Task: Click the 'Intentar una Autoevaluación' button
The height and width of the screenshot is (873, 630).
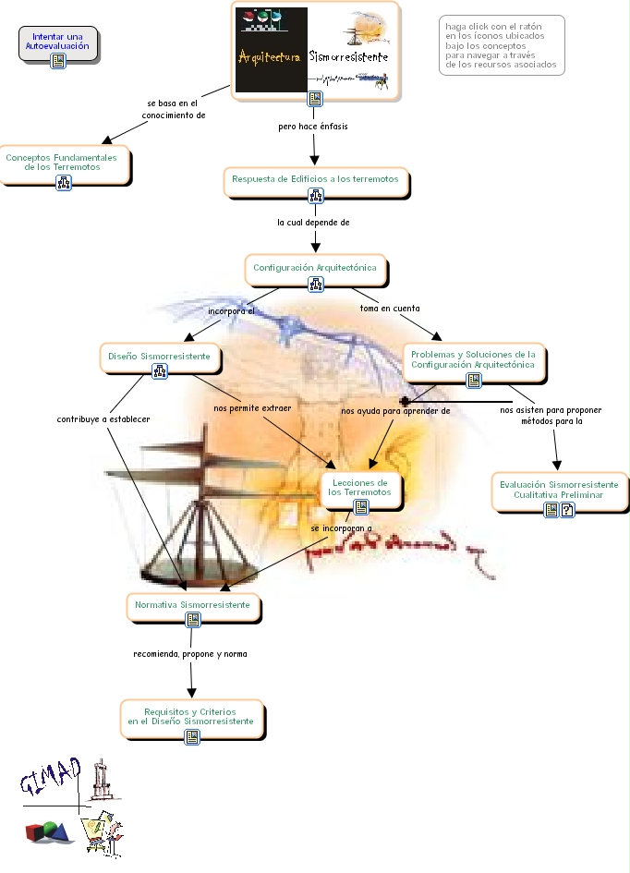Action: tap(57, 41)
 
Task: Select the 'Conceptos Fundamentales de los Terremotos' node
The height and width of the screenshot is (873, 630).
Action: tap(61, 162)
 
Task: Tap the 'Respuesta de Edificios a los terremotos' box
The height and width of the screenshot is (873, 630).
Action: tap(315, 179)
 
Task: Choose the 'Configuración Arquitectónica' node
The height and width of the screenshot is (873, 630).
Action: tap(315, 267)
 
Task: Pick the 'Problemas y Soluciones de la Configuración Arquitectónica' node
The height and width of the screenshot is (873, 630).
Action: tap(473, 359)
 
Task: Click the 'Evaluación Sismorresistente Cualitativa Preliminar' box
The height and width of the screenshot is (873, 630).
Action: tap(559, 490)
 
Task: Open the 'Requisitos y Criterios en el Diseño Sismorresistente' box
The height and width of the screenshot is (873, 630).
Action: tap(191, 717)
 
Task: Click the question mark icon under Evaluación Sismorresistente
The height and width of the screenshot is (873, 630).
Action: tap(567, 510)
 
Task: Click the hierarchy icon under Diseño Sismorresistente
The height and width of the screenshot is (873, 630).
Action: tap(159, 371)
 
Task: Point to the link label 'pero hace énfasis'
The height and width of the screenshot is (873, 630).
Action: tap(313, 126)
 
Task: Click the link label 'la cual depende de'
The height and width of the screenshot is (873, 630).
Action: tap(313, 223)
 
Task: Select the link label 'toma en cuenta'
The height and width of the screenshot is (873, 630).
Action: tap(389, 308)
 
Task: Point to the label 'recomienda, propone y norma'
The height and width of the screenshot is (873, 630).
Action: tap(190, 653)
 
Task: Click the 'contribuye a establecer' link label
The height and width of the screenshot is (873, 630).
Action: tap(103, 418)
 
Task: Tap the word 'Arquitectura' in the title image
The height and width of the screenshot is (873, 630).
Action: tap(270, 57)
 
